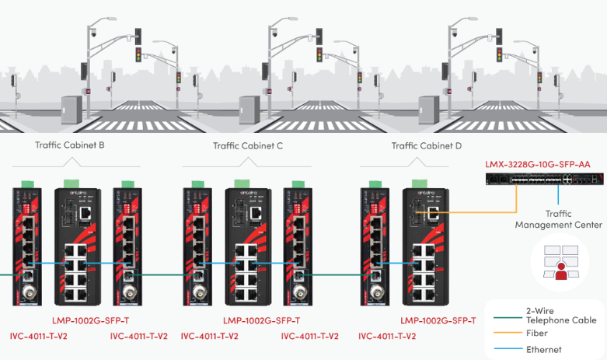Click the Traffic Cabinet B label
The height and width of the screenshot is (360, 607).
point(70,145)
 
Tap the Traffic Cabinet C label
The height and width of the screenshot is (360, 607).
point(248,145)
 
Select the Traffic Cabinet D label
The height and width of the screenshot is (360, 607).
point(427,145)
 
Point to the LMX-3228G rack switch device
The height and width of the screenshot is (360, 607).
point(537,180)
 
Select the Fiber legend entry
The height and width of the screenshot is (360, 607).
point(536,332)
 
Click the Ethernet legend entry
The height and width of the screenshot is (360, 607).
point(543,349)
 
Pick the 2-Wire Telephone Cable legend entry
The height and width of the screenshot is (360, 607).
point(560,315)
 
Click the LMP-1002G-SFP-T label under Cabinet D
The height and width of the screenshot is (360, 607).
point(438,320)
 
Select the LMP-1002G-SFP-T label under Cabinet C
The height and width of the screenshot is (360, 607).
point(261,320)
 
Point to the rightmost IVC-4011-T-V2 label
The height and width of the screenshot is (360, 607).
point(387,337)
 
